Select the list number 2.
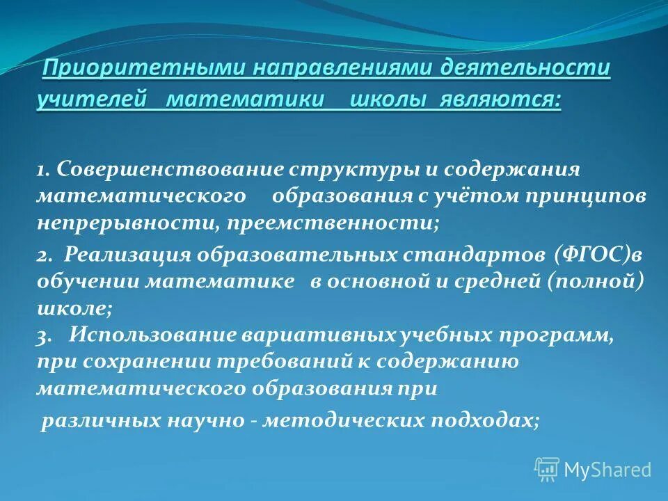click(43, 255)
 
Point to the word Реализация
click(127, 255)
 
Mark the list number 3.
click(43, 335)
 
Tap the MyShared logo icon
click(547, 470)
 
